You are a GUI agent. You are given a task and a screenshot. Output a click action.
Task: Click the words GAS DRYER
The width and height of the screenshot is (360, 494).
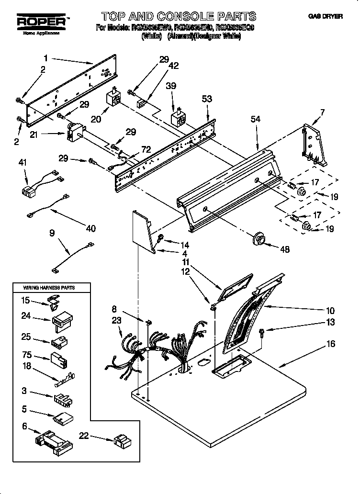[326, 16]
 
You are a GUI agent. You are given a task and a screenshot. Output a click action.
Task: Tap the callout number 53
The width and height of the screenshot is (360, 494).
[207, 99]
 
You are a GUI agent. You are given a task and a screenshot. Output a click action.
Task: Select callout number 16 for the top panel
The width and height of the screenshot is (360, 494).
[331, 344]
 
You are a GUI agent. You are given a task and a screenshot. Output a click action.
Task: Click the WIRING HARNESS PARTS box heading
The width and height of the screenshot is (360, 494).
[50, 287]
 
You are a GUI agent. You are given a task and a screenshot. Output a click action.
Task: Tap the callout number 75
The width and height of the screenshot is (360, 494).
[27, 355]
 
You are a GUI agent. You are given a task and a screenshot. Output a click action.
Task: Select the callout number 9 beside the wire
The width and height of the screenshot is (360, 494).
[52, 233]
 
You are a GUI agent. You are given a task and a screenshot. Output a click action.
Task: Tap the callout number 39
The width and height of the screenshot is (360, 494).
[171, 86]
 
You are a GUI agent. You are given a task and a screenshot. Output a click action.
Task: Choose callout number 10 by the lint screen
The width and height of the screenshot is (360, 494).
[330, 311]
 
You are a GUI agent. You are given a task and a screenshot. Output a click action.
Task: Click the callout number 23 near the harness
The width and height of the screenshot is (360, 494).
[117, 322]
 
